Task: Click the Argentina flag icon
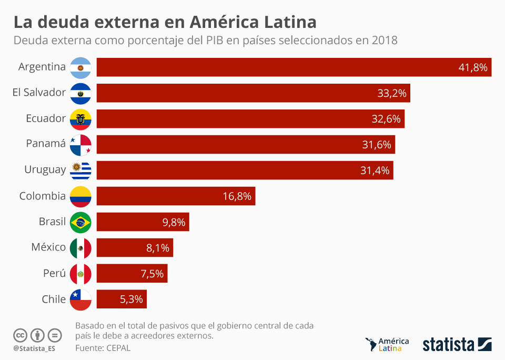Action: pyautogui.click(x=80, y=67)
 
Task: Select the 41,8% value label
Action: pyautogui.click(x=473, y=67)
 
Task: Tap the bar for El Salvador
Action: pyautogui.click(x=252, y=93)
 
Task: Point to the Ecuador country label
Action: pyautogui.click(x=46, y=118)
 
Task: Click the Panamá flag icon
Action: pyautogui.click(x=80, y=145)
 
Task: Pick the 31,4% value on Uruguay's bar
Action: pyautogui.click(x=376, y=170)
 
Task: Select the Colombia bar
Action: pyautogui.click(x=176, y=196)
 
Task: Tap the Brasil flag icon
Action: pyautogui.click(x=80, y=222)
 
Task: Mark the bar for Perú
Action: pyautogui.click(x=132, y=274)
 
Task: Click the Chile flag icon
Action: pyautogui.click(x=80, y=299)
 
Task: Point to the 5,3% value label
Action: pyautogui.click(x=132, y=299)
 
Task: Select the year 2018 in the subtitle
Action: pyautogui.click(x=383, y=41)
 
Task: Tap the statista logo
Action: pyautogui.click(x=457, y=345)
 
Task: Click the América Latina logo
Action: pyautogui.click(x=387, y=344)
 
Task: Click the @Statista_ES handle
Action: pyautogui.click(x=34, y=348)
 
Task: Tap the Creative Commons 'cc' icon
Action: pyautogui.click(x=20, y=335)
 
